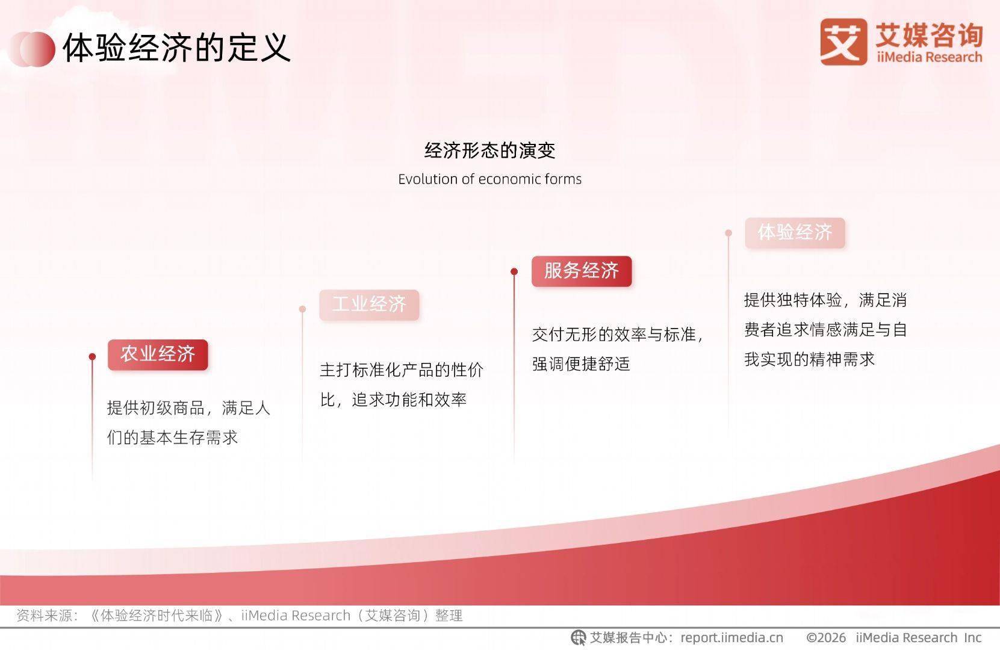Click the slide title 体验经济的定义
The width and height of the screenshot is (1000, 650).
pyautogui.click(x=177, y=48)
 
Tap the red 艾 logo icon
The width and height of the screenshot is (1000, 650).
pyautogui.click(x=843, y=42)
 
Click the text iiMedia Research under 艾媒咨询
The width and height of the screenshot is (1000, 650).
pyautogui.click(x=929, y=57)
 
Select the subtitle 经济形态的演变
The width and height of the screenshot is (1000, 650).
pyautogui.click(x=489, y=150)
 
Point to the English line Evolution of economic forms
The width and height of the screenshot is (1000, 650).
pyautogui.click(x=489, y=179)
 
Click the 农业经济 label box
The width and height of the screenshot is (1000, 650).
pyautogui.click(x=158, y=354)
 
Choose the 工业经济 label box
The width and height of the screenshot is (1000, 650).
pyautogui.click(x=369, y=305)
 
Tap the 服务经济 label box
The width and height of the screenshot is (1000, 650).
pyautogui.click(x=582, y=271)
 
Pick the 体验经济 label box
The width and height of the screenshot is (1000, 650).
pyautogui.click(x=795, y=232)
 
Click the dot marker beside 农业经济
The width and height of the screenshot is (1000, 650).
pyautogui.click(x=92, y=357)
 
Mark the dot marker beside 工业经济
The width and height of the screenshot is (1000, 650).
pyautogui.click(x=302, y=309)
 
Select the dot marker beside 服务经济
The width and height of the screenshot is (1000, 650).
pyautogui.click(x=514, y=271)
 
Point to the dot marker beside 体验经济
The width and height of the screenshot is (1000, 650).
pyautogui.click(x=728, y=233)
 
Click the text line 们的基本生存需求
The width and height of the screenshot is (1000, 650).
pyautogui.click(x=172, y=438)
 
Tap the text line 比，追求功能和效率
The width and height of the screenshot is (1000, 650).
pyautogui.click(x=393, y=400)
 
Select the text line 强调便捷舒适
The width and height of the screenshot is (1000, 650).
pyautogui.click(x=581, y=364)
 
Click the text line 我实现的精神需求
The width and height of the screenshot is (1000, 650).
pyautogui.click(x=809, y=359)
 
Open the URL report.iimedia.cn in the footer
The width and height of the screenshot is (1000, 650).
pyautogui.click(x=731, y=637)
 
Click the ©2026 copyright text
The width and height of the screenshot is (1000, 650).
pyautogui.click(x=826, y=637)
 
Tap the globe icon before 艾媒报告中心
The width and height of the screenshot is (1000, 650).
pyautogui.click(x=579, y=637)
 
